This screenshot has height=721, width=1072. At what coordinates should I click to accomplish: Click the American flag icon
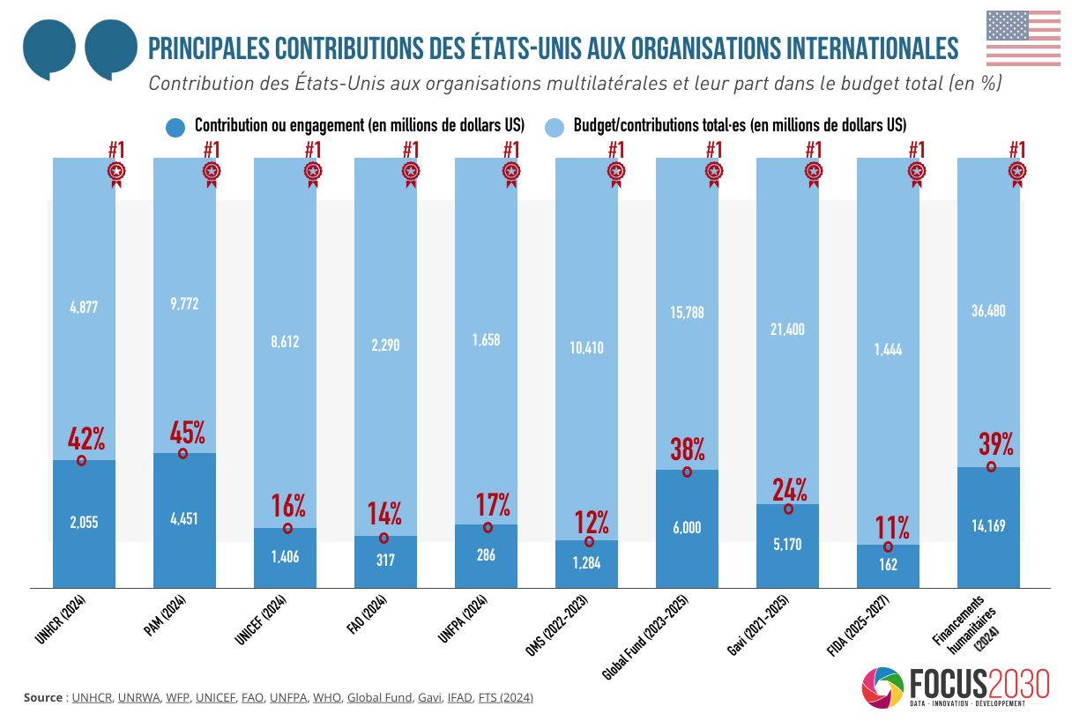[1023, 38]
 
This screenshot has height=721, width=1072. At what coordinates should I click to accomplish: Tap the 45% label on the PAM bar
[188, 432]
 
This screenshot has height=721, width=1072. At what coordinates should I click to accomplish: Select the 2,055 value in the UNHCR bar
[84, 522]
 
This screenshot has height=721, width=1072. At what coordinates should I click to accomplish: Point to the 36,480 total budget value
[988, 311]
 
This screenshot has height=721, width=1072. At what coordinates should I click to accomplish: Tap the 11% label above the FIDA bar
[892, 527]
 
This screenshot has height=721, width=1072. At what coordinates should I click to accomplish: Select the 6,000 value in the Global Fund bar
[687, 527]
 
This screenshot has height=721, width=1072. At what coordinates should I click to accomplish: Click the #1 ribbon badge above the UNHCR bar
[116, 170]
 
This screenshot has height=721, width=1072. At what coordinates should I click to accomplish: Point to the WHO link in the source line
[327, 697]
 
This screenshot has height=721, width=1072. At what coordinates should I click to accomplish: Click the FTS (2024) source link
[505, 697]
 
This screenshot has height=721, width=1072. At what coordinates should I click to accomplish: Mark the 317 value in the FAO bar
[385, 560]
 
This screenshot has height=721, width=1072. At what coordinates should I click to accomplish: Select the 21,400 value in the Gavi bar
[787, 330]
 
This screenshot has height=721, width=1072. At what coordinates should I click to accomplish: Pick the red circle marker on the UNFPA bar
[488, 527]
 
